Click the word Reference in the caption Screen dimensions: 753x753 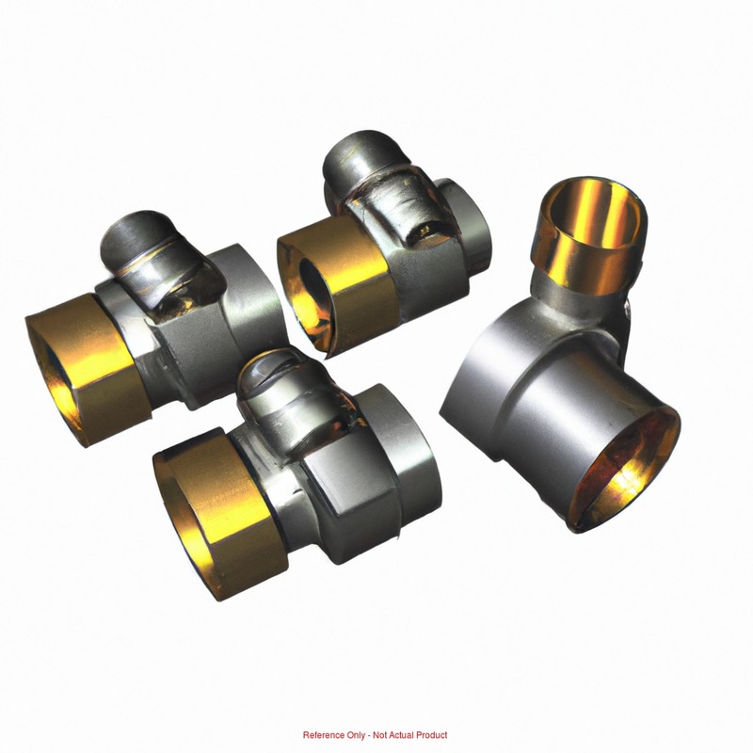324,735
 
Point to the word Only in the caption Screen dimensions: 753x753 356,735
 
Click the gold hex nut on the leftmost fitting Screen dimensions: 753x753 87,369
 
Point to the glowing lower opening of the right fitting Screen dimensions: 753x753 624,473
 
